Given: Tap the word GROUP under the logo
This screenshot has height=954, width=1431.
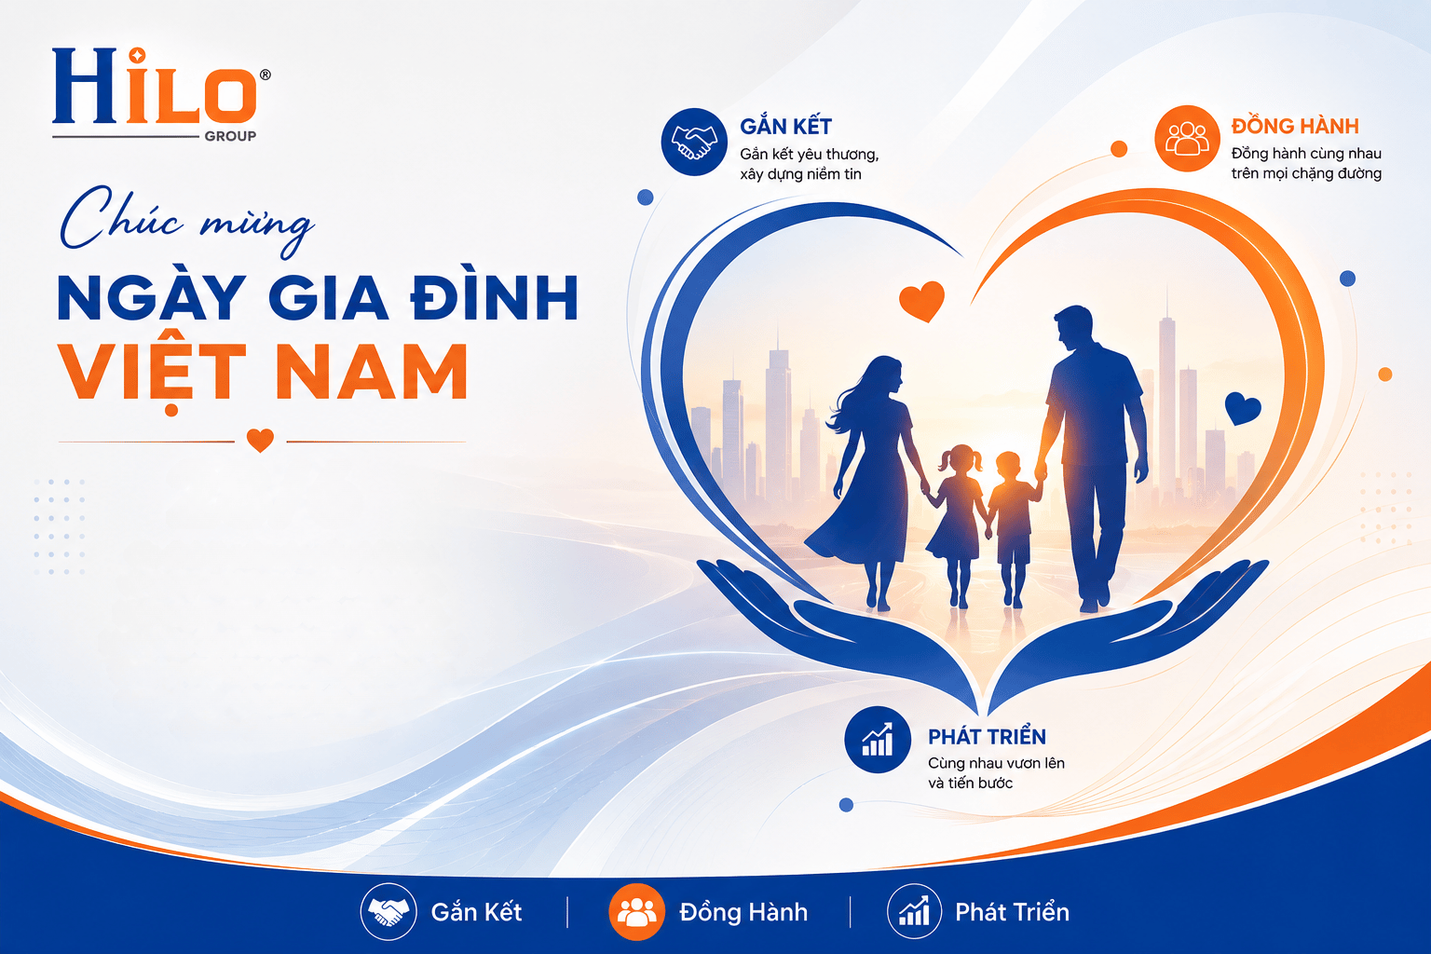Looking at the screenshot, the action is coord(230,136).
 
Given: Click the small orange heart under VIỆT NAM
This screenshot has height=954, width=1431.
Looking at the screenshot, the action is coord(260,440).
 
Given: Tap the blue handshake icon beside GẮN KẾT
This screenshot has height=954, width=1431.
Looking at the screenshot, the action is coord(694,142).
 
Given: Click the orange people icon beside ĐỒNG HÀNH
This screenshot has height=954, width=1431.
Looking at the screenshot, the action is coord(1187,139).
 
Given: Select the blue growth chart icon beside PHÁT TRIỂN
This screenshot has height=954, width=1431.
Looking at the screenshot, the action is coord(878,740).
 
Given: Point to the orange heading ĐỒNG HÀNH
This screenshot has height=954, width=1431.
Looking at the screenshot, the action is coord(1295,125).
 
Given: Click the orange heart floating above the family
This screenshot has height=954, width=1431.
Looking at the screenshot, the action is coord(921,300).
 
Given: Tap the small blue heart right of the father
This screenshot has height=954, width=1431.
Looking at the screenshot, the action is coord(1243,407).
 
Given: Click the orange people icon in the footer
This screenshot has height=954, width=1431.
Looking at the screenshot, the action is coord(636,912).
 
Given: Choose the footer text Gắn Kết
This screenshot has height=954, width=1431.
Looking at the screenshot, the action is coord(476,912).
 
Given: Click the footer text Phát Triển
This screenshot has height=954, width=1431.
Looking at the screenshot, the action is coord(1012,912).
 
